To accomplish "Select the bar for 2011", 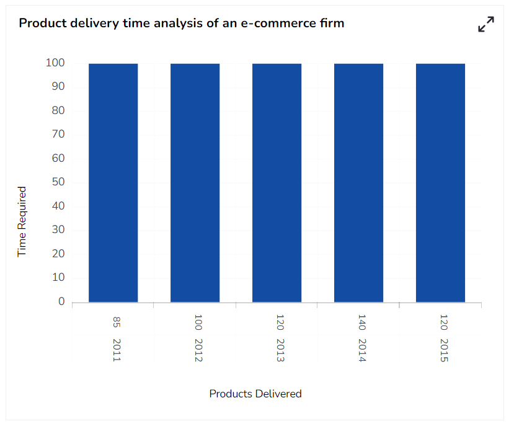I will coord(113,183).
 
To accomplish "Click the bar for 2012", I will coord(195,183).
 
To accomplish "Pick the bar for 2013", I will coord(277,183).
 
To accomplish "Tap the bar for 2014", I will coord(358,183).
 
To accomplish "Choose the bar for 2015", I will coord(440,183).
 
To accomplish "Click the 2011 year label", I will coord(117,350).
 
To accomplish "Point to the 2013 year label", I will coord(280,350).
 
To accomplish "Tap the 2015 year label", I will coord(444,350).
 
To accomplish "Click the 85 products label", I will coord(117,322).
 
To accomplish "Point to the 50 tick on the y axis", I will coord(58,182).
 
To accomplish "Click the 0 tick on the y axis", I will coord(61,302).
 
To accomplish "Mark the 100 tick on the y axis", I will coord(55,63).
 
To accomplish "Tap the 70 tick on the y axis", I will coord(58,135).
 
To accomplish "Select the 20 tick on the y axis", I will coord(58,254).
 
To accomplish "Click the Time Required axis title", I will coord(22,222).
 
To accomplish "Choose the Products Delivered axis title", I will coord(255,394).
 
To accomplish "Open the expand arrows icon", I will coord(486,24).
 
